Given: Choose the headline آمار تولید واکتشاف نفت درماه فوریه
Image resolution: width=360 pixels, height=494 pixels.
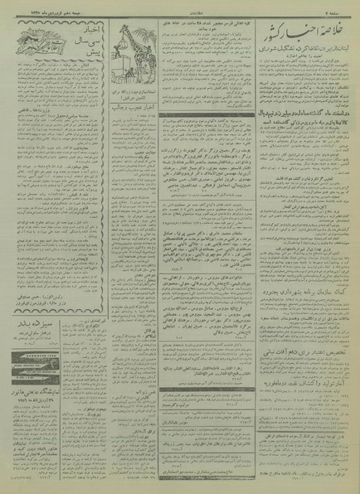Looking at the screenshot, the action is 299,385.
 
